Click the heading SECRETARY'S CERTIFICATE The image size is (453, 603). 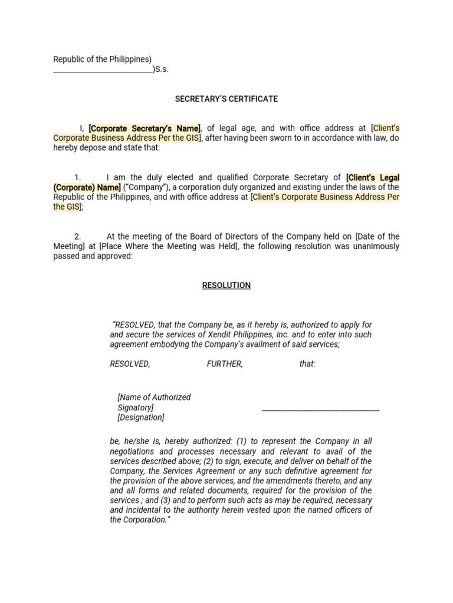click(226, 99)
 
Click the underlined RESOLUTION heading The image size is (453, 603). click(226, 286)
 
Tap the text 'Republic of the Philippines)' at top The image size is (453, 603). click(103, 59)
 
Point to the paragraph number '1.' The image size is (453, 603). click(77, 178)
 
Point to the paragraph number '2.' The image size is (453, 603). click(77, 237)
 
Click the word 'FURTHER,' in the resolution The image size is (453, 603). click(225, 365)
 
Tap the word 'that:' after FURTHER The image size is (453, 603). click(307, 365)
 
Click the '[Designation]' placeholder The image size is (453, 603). click(141, 418)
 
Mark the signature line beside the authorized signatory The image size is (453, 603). click(320, 409)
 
